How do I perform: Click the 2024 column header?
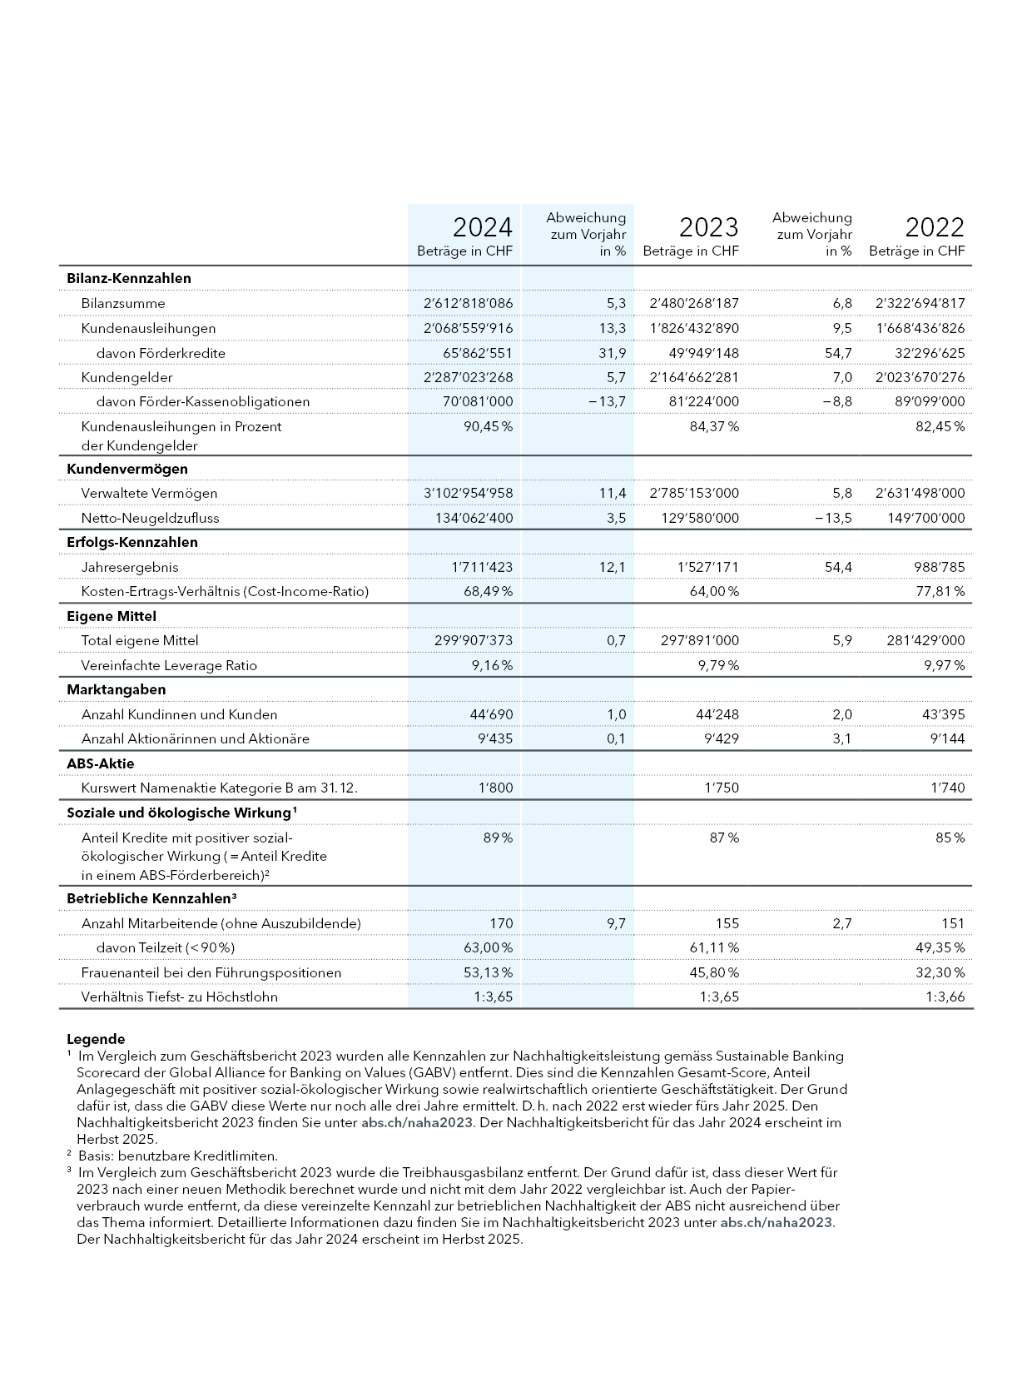(x=482, y=227)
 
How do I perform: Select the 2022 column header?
(x=935, y=227)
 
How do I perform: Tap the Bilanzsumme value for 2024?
(x=468, y=303)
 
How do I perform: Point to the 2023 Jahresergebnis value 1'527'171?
(x=707, y=567)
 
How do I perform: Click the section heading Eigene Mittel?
(x=111, y=616)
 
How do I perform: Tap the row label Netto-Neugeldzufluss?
(x=150, y=518)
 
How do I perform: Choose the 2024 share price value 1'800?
(x=495, y=788)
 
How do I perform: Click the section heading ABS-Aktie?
(x=100, y=763)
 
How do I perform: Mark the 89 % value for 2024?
(x=498, y=838)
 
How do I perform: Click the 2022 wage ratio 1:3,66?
(x=945, y=997)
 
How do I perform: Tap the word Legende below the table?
(x=96, y=1039)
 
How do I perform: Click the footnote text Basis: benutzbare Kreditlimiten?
(x=177, y=1156)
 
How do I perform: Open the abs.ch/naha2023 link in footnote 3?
(x=776, y=1222)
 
